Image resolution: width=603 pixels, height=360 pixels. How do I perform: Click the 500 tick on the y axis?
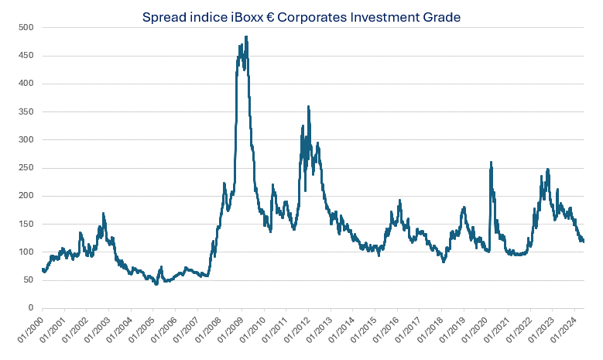pyautogui.click(x=26, y=27)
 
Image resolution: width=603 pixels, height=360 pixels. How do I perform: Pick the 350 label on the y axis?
pyautogui.click(x=26, y=111)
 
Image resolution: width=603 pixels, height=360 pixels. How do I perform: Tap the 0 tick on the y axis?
pyautogui.click(x=31, y=308)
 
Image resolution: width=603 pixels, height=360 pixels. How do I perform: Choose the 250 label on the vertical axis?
pyautogui.click(x=26, y=168)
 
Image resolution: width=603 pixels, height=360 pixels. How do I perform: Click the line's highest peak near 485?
pyautogui.click(x=246, y=36)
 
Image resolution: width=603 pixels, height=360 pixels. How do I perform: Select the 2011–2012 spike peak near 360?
pyautogui.click(x=308, y=107)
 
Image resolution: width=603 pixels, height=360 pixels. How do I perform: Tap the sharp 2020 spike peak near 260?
pyautogui.click(x=491, y=163)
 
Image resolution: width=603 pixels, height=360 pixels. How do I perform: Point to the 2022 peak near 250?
pyautogui.click(x=547, y=169)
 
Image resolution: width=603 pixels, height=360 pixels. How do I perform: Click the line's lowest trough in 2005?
pyautogui.click(x=156, y=284)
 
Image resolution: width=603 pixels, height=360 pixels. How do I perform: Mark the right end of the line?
pyautogui.click(x=583, y=241)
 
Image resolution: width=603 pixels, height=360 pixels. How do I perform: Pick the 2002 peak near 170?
pyautogui.click(x=103, y=213)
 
